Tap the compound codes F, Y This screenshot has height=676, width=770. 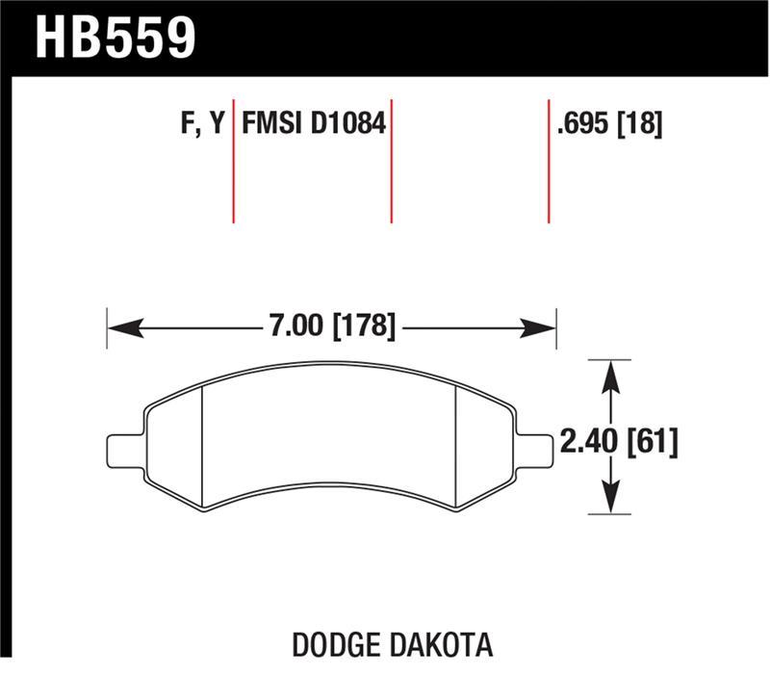click(x=203, y=123)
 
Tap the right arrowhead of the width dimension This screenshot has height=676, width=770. click(x=544, y=328)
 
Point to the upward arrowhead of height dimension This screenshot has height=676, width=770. click(x=608, y=372)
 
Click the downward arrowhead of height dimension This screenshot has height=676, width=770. click(x=608, y=502)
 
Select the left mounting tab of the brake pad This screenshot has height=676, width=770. click(x=123, y=450)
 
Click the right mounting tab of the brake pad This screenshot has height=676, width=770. click(x=536, y=449)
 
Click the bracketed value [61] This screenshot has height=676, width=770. click(x=654, y=442)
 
